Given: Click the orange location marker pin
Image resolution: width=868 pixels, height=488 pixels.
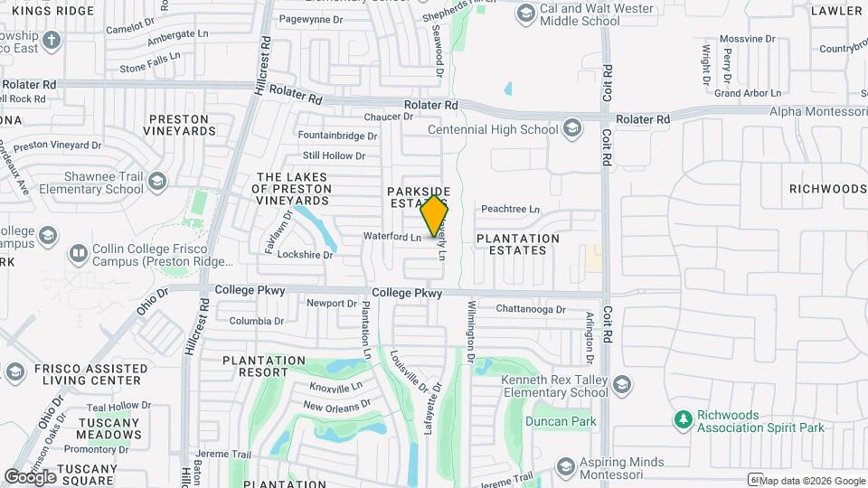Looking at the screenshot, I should point(435,215).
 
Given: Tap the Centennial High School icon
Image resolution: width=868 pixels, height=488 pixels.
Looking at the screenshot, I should point(571,129).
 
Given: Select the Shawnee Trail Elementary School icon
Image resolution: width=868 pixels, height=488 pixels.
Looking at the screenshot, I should point(157,183).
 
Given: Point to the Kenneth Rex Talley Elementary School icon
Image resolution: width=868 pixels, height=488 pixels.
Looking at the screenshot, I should point(621,386).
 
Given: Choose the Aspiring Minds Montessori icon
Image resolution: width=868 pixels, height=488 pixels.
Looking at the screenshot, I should point(566,467).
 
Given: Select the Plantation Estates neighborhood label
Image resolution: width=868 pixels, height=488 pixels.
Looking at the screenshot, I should point(518,244).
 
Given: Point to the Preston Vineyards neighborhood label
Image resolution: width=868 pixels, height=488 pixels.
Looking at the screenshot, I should point(179,125).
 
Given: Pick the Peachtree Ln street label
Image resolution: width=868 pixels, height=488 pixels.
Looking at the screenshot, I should point(510,209).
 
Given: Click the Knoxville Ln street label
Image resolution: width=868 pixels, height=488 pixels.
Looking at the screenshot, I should point(335,386).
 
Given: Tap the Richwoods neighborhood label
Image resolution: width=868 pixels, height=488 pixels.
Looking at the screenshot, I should point(827,189).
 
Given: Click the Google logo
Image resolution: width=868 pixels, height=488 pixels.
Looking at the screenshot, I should point(30,476).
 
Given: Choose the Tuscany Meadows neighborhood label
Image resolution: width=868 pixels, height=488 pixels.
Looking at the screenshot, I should point(109,428).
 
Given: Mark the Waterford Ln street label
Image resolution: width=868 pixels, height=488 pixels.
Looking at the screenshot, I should point(392,237).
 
